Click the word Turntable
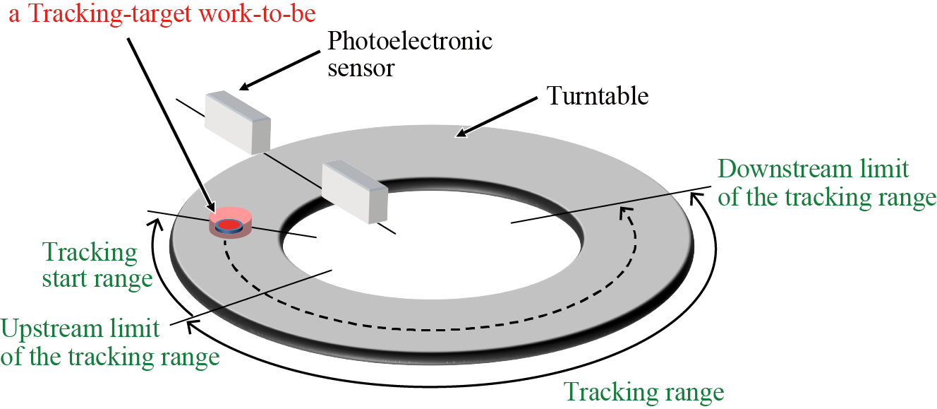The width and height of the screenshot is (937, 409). click(598, 95)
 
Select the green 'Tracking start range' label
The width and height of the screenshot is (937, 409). click(97, 265)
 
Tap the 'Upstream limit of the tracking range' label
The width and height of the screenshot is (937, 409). click(109, 343)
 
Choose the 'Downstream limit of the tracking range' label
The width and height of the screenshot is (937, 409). click(826, 183)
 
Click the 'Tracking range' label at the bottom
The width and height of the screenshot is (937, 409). click(644, 391)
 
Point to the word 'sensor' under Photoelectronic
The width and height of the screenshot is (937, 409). click(361, 68)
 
